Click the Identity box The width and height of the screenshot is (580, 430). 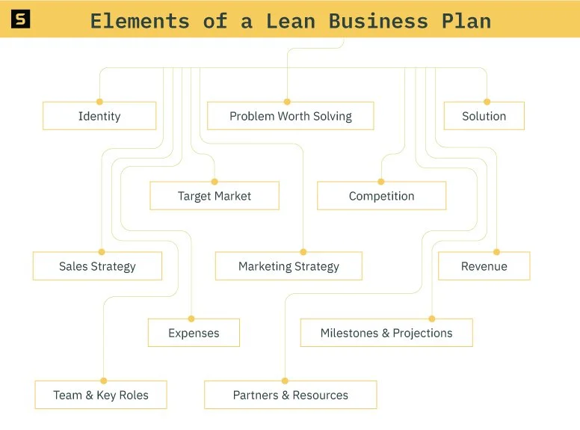[99, 116]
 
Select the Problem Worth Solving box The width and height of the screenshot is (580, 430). [290, 116]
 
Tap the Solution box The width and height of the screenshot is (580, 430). [484, 116]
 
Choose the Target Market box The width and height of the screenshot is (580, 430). [215, 196]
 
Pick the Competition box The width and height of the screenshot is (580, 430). [381, 196]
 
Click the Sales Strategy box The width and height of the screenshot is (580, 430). [97, 266]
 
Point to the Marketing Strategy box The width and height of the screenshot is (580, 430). [289, 266]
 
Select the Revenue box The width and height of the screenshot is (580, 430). [484, 266]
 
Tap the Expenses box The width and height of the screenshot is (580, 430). [194, 333]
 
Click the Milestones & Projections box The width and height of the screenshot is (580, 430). [386, 333]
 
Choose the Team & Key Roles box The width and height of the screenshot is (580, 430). [101, 395]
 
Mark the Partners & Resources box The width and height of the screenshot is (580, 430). [290, 395]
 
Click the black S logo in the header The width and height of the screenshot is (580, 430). [21, 19]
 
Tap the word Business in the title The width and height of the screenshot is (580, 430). [378, 20]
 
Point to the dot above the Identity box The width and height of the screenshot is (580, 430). [99, 102]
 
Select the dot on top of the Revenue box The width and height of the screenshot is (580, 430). [496, 252]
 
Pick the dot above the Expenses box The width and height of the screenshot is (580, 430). [191, 319]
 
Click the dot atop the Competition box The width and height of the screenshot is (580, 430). [380, 182]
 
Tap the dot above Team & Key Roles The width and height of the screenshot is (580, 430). [103, 381]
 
